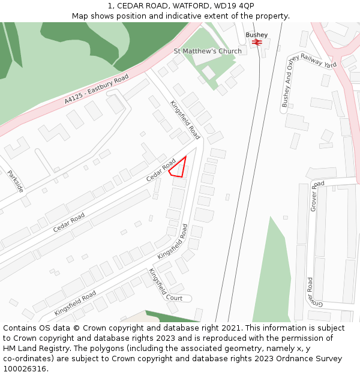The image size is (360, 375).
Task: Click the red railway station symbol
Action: coord(257,43)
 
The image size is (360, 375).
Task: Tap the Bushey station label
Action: coord(257,35)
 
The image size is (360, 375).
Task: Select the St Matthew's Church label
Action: coord(208,51)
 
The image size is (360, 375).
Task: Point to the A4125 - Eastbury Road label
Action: coord(97,90)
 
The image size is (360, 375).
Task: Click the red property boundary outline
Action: coord(178,167)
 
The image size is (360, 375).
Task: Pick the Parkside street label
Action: coord(16,181)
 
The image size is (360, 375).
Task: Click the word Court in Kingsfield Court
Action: coord(174,298)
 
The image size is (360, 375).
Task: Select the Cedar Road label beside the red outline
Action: coord(161,170)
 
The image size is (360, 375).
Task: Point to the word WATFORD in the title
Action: coord(179,6)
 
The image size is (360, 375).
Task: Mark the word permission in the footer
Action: coord(302,338)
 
